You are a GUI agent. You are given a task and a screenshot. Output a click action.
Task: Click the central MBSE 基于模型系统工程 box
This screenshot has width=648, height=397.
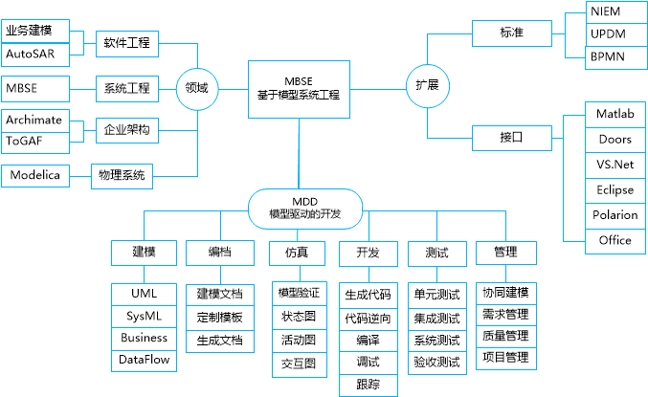point(298,88)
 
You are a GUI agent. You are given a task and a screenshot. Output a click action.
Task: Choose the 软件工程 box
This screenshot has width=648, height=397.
point(127,42)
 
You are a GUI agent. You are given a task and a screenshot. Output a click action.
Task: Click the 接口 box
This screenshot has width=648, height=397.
point(512,136)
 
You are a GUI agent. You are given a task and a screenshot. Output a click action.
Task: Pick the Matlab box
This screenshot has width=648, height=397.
point(614,114)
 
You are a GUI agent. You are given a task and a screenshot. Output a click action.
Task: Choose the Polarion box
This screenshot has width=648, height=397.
point(614,215)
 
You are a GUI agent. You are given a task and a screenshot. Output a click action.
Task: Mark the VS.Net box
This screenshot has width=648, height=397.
point(614,165)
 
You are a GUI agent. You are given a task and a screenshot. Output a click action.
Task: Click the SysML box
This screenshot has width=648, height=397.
point(144,315)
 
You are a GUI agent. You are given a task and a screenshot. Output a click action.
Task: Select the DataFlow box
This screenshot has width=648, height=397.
point(144,361)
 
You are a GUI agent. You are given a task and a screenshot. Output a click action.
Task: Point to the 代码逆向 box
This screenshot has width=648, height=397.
point(368,317)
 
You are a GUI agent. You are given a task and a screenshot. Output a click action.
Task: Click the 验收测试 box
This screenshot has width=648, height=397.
point(436,363)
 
